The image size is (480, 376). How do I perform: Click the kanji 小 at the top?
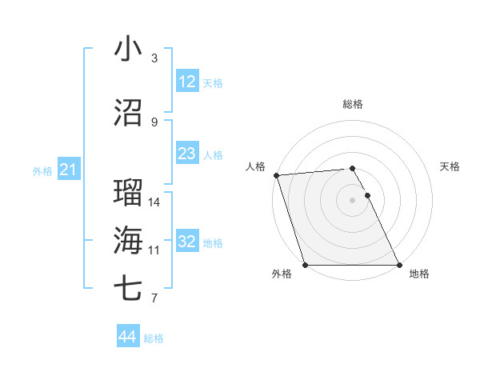click(x=128, y=49)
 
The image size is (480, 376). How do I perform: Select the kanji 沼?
click(x=128, y=113)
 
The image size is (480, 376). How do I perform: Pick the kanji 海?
click(x=128, y=241)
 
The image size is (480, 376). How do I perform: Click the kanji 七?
click(x=128, y=289)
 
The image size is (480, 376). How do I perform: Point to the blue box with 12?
click(x=187, y=82)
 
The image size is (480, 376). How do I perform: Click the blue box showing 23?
click(x=187, y=154)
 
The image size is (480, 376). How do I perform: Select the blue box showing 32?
click(x=187, y=242)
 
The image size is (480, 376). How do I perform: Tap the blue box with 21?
click(x=68, y=170)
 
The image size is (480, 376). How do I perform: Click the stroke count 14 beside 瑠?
click(x=154, y=202)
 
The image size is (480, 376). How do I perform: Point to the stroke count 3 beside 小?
click(x=154, y=58)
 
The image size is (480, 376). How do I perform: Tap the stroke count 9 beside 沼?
click(x=154, y=122)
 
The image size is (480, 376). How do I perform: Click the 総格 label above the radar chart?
click(x=352, y=104)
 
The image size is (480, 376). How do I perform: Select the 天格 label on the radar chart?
click(x=450, y=166)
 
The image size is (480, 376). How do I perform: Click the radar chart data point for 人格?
click(x=276, y=175)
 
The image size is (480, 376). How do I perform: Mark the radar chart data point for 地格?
click(x=398, y=265)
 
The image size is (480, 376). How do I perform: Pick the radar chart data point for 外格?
click(x=305, y=265)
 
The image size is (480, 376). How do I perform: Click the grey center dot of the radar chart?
click(x=352, y=200)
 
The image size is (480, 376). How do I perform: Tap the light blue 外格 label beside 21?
click(x=42, y=170)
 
